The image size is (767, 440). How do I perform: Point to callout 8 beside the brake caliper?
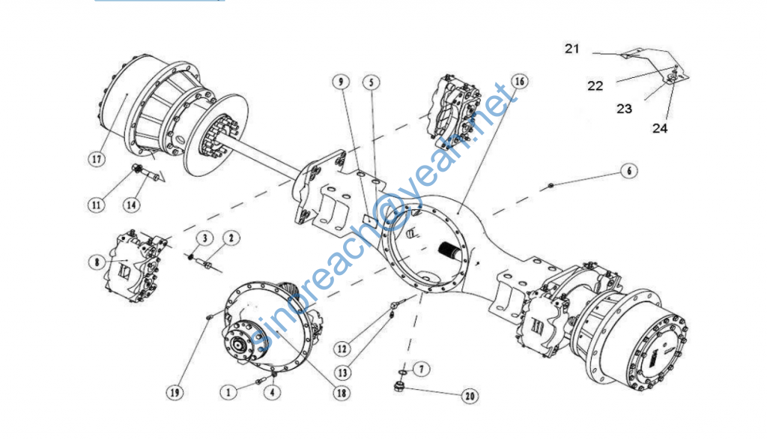point(97,262)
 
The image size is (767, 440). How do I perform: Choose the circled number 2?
point(231,238)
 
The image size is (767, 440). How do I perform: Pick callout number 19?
point(175,391)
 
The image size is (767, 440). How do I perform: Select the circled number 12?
point(342,348)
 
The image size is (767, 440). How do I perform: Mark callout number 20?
point(470,396)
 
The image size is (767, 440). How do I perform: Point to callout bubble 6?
point(628,172)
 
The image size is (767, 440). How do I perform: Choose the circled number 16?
point(520,81)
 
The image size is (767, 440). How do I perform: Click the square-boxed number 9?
point(342,81)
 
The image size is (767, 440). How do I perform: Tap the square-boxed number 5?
point(372,81)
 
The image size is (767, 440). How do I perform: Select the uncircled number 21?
point(572,49)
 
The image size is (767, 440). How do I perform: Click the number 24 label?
point(659,128)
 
